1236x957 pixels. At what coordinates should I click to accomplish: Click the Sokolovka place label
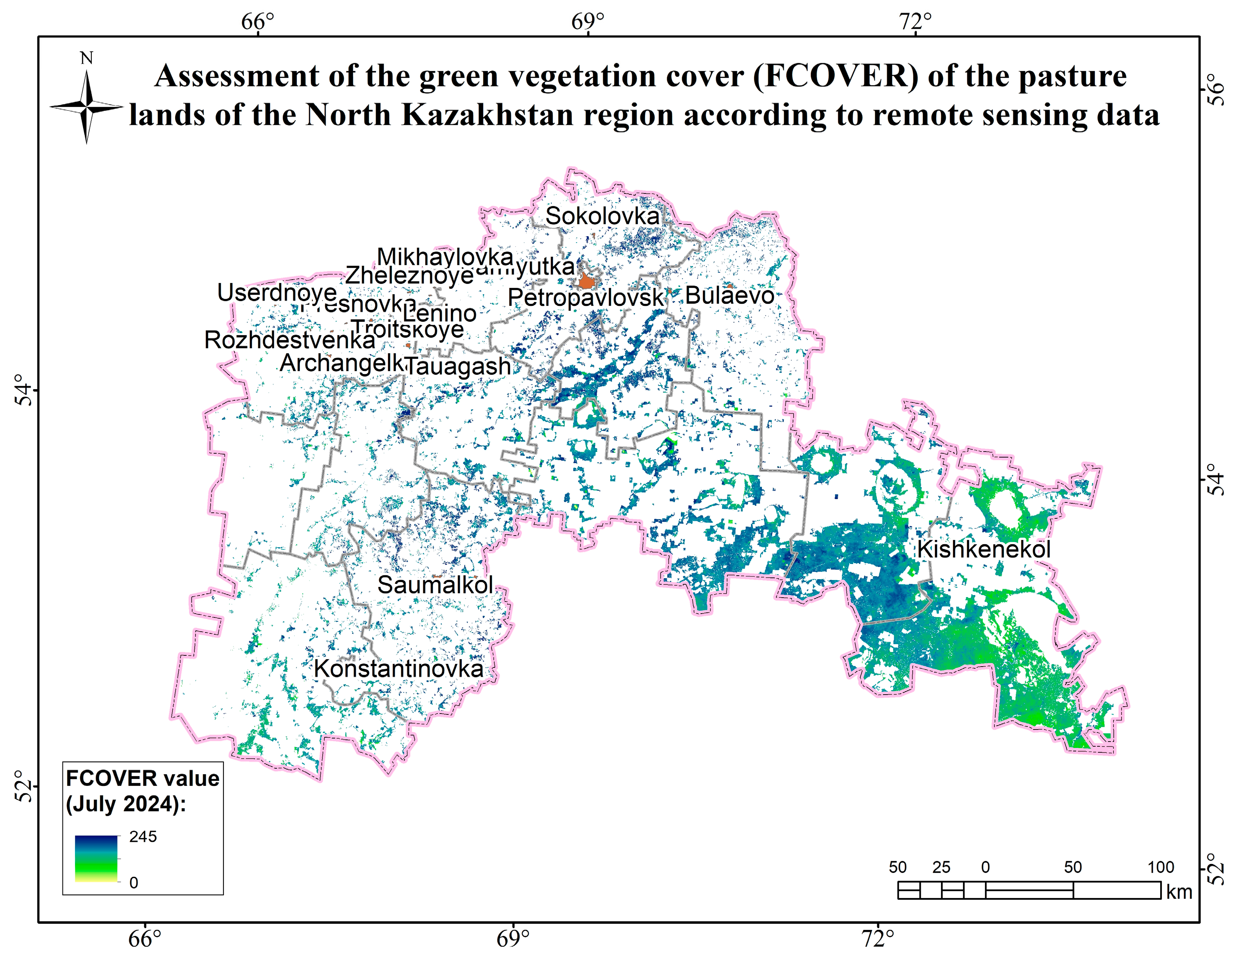coord(602,216)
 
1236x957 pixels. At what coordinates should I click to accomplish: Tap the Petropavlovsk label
coord(585,298)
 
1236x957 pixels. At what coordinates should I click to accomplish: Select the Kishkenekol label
coord(984,549)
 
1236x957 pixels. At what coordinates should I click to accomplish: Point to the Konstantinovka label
coord(398,669)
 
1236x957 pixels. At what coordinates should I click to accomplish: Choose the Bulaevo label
coord(730,296)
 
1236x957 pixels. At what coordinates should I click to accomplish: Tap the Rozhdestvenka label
coord(289,340)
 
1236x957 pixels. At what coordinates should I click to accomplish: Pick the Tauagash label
coord(458,366)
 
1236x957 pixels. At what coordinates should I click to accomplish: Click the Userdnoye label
coord(277,293)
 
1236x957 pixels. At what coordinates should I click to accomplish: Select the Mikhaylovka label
coord(445,256)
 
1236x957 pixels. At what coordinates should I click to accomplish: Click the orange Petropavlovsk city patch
coord(586,281)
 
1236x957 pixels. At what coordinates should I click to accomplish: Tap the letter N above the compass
coord(87,58)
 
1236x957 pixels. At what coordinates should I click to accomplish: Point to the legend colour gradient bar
coord(96,858)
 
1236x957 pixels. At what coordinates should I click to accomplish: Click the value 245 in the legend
coord(143,837)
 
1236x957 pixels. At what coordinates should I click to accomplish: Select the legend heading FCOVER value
coord(142,779)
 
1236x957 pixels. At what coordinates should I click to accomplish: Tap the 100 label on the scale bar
coord(1160,867)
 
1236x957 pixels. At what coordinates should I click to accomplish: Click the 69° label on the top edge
coord(587,22)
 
